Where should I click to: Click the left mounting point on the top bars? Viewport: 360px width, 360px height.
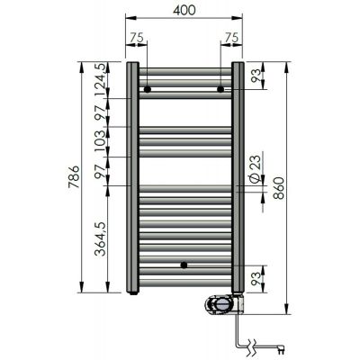pos(146,89)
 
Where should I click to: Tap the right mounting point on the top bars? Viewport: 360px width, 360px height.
pos(220,89)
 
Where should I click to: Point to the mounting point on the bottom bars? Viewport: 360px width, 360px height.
pos(184,266)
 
